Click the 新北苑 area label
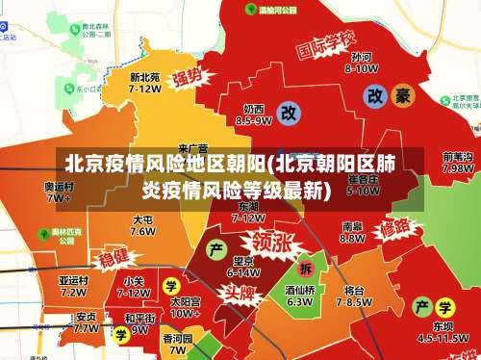click(144, 82)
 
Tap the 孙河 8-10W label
click(361, 63)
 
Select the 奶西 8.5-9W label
click(254, 116)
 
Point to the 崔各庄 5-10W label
click(363, 185)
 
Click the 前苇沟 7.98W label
click(457, 162)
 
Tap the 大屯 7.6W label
click(142, 225)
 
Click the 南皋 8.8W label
click(352, 233)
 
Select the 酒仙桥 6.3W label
click(299, 295)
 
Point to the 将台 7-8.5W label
click(354, 296)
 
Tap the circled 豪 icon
click(402, 95)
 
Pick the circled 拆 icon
click(306, 268)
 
